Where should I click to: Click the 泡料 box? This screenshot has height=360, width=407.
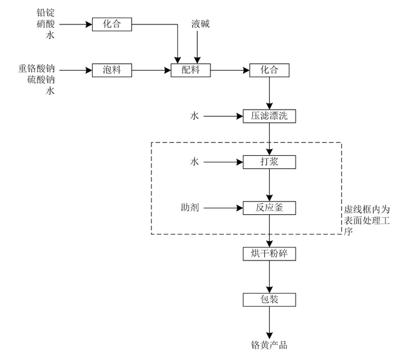click(113, 70)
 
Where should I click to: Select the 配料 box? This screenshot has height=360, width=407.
click(190, 70)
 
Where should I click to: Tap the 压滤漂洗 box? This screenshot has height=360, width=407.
click(269, 116)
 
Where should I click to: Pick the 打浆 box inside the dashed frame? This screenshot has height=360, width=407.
click(269, 162)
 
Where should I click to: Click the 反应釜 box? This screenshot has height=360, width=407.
click(269, 208)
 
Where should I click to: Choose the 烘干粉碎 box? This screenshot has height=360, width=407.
click(269, 254)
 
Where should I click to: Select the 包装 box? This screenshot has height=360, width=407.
click(269, 299)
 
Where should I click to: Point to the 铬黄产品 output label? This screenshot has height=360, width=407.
click(269, 345)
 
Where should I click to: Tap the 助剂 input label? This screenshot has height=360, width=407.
click(190, 208)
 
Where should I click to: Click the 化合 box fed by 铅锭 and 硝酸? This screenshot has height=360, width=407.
click(113, 24)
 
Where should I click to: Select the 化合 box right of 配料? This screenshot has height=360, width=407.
click(269, 70)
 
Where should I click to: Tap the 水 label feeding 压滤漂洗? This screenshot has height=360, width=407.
click(195, 116)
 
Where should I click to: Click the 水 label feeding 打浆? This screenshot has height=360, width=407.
click(195, 162)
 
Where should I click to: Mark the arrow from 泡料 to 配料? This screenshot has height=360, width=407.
click(152, 70)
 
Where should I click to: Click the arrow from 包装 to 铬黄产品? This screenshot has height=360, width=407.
click(269, 322)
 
